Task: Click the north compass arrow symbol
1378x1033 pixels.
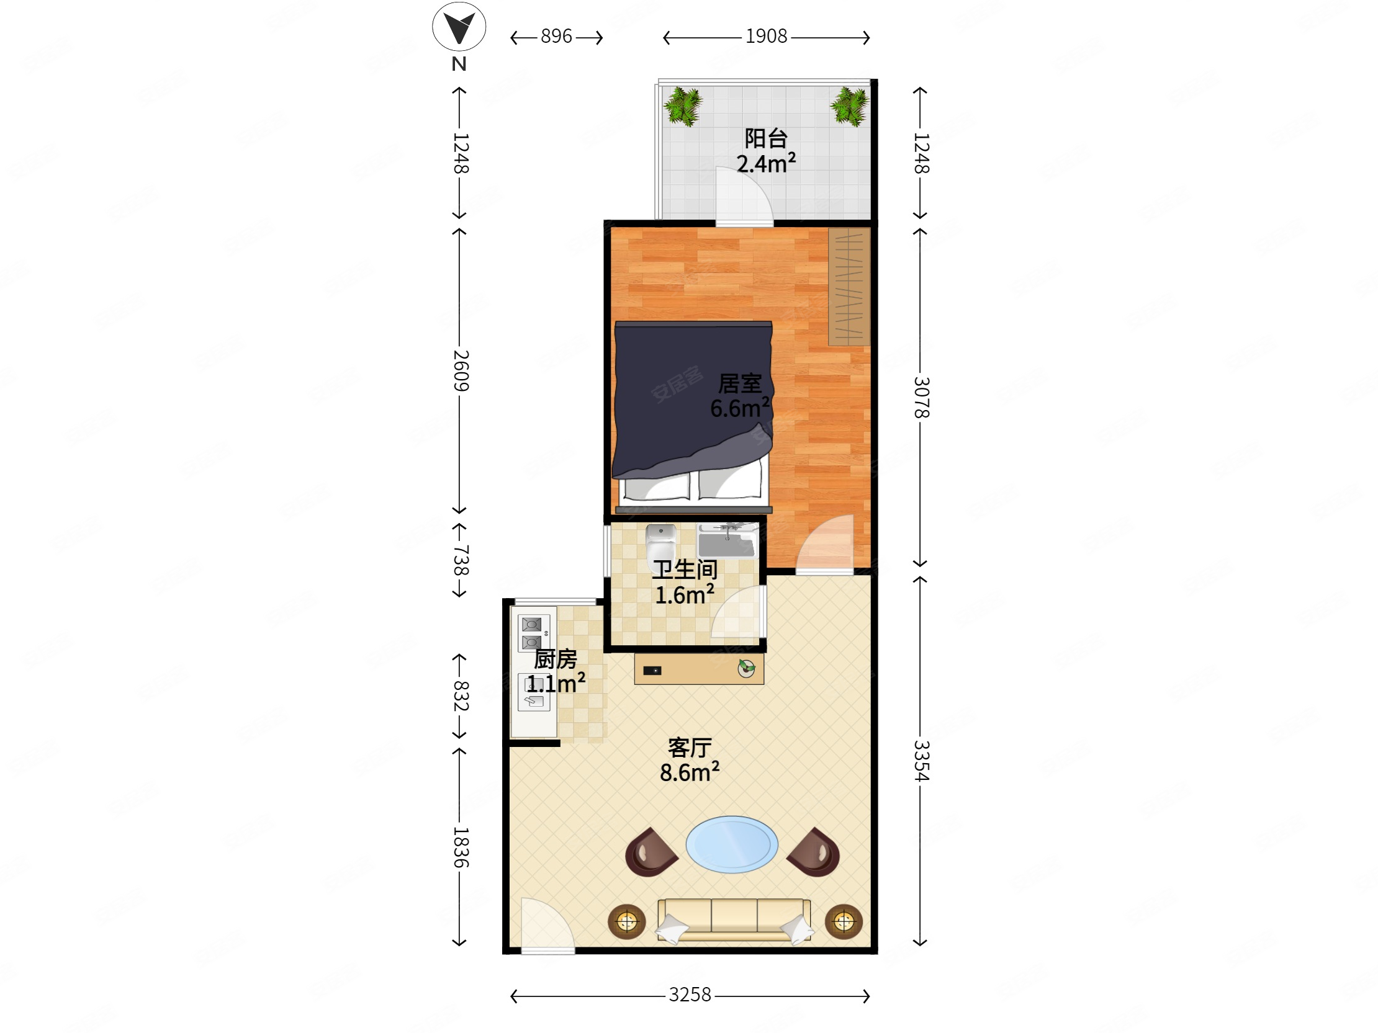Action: (x=459, y=27)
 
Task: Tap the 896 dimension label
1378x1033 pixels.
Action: (x=556, y=37)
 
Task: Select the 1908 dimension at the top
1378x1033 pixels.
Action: (x=766, y=37)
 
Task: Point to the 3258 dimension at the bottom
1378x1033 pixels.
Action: (x=690, y=995)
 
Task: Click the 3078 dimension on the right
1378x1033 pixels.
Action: (x=921, y=397)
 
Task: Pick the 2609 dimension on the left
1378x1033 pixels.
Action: (x=460, y=370)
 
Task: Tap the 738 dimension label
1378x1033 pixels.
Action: (x=460, y=560)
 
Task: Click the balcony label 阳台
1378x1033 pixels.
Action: (x=766, y=138)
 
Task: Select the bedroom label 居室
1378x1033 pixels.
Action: (x=740, y=383)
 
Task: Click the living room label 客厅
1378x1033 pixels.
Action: (x=690, y=748)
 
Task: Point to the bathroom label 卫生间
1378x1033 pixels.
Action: (x=685, y=570)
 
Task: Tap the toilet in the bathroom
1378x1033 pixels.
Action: (x=661, y=545)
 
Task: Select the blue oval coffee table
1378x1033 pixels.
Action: (x=732, y=844)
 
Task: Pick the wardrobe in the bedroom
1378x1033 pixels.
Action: (x=849, y=287)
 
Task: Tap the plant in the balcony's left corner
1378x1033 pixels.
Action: (x=683, y=106)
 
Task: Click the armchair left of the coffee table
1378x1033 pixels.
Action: (x=651, y=852)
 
